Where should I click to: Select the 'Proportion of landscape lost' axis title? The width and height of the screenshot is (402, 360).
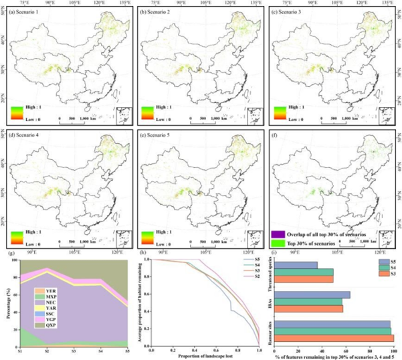click(x=205, y=355)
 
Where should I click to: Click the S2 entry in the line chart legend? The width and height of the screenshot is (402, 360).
click(x=256, y=279)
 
